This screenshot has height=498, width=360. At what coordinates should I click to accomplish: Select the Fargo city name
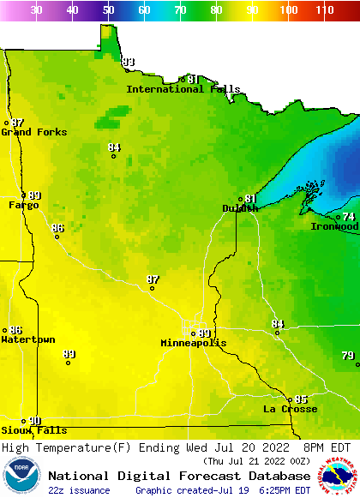[x=24, y=206]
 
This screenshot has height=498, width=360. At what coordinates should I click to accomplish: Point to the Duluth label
[x=240, y=208]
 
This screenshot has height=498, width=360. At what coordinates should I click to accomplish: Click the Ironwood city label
[x=334, y=226]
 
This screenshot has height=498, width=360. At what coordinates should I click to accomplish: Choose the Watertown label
[x=28, y=340]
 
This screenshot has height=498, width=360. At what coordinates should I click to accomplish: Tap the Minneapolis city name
[x=194, y=343]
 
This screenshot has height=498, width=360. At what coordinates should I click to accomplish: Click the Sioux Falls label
[x=33, y=430]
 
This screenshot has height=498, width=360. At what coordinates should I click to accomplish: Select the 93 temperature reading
[x=129, y=63]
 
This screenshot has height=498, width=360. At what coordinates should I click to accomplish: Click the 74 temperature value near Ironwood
[x=349, y=217]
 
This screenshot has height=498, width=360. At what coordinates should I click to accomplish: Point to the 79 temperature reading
[x=347, y=356]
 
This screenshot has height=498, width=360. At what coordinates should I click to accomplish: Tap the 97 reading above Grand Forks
[x=17, y=123]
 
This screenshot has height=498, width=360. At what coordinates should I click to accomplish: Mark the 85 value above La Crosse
[x=301, y=399]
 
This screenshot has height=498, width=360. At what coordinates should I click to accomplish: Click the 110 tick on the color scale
[x=324, y=9]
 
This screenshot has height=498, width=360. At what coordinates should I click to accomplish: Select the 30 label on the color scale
[x=37, y=9]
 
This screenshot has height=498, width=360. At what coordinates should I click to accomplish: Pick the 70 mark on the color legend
[x=180, y=9]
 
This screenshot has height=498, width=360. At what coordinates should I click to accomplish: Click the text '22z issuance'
[x=79, y=490]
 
